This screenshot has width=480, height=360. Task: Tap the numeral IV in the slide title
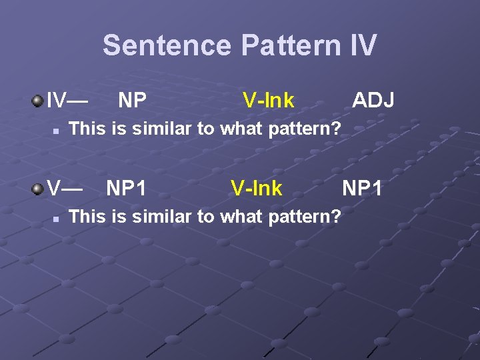pyautogui.click(x=363, y=45)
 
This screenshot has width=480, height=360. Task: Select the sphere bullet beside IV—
pyautogui.click(x=37, y=101)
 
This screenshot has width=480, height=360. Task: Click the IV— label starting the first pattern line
pyautogui.click(x=67, y=101)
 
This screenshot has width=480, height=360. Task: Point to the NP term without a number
pyautogui.click(x=132, y=101)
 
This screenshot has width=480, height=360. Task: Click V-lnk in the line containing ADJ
pyautogui.click(x=268, y=101)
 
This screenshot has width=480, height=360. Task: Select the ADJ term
pyautogui.click(x=373, y=101)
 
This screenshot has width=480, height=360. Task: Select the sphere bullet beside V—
pyautogui.click(x=37, y=189)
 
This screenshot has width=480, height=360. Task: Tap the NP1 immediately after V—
pyautogui.click(x=126, y=189)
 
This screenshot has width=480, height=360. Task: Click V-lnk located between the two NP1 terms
pyautogui.click(x=257, y=189)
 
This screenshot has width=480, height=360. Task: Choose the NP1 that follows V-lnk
pyautogui.click(x=362, y=189)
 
